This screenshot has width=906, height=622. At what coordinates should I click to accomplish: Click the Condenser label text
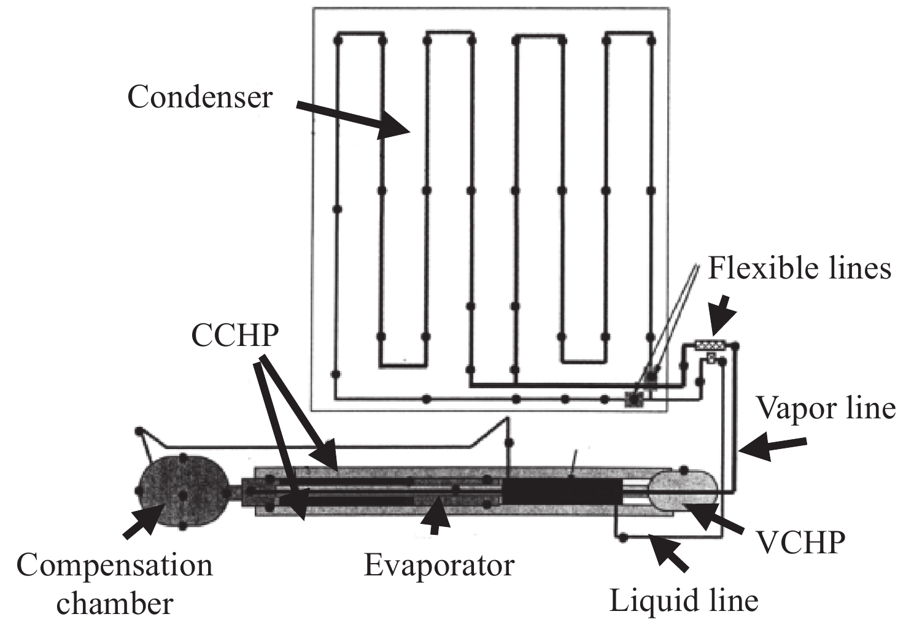(200, 98)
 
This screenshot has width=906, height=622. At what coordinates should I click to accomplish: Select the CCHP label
(235, 336)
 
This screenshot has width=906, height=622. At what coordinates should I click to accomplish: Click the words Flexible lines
(799, 269)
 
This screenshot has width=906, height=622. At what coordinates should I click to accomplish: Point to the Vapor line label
(826, 408)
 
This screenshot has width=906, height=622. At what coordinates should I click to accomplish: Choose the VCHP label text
(801, 543)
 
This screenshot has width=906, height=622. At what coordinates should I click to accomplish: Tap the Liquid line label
(684, 601)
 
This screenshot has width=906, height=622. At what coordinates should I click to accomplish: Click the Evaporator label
(439, 565)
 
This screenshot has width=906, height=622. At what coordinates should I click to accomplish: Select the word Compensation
(114, 566)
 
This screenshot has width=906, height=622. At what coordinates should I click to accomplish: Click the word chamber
(115, 604)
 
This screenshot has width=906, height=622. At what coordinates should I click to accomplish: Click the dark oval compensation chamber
(183, 491)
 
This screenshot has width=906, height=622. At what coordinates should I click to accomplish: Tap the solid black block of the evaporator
(562, 491)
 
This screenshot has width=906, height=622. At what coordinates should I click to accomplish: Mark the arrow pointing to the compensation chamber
(144, 520)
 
